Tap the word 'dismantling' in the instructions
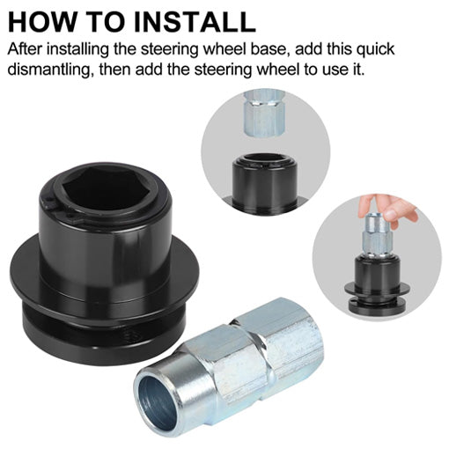pos(48,70)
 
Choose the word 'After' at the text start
pos(26,48)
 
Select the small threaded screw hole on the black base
pos(129,333)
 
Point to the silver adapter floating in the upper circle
pos(265,114)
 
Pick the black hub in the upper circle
pos(264,182)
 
